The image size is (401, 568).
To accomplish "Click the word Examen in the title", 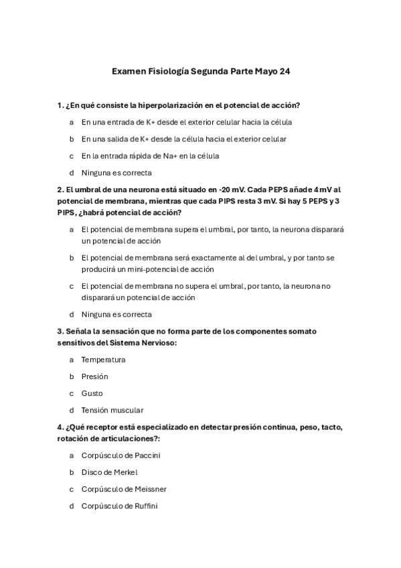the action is [x=127, y=70].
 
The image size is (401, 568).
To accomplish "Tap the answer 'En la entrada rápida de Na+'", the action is [x=150, y=155].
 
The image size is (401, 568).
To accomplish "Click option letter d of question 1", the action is [x=71, y=172].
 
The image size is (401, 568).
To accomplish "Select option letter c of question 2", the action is [x=71, y=286].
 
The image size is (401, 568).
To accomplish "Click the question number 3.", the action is [x=60, y=331].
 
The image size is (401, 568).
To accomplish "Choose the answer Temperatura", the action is [x=103, y=360].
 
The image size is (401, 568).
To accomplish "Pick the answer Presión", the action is [x=94, y=376].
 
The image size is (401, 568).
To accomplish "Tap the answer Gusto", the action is [x=92, y=393].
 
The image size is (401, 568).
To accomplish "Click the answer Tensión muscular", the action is [x=112, y=410].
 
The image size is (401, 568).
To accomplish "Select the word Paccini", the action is [x=147, y=455].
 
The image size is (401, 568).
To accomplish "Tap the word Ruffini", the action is [x=145, y=506].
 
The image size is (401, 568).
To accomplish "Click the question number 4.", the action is [x=60, y=427].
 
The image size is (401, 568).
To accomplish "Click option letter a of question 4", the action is [x=71, y=455].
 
